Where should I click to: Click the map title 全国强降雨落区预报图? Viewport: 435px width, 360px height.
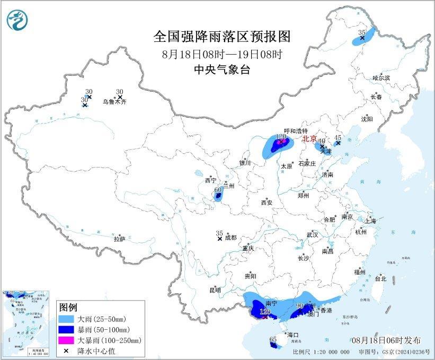click(x=222, y=37)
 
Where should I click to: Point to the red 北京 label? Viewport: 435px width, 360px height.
click(x=309, y=139)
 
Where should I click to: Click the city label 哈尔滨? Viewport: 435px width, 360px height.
click(x=380, y=78)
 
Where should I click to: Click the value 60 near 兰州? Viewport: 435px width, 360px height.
click(x=217, y=189)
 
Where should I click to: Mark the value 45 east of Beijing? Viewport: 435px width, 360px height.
click(x=338, y=137)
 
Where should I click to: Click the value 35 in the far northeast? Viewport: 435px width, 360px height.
click(x=362, y=33)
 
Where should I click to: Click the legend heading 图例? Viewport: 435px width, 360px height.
click(x=68, y=308)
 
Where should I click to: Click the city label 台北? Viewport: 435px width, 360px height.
click(x=380, y=279)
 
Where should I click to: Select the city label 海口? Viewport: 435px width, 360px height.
click(x=293, y=335)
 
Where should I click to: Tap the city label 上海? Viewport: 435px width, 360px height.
click(x=370, y=221)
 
